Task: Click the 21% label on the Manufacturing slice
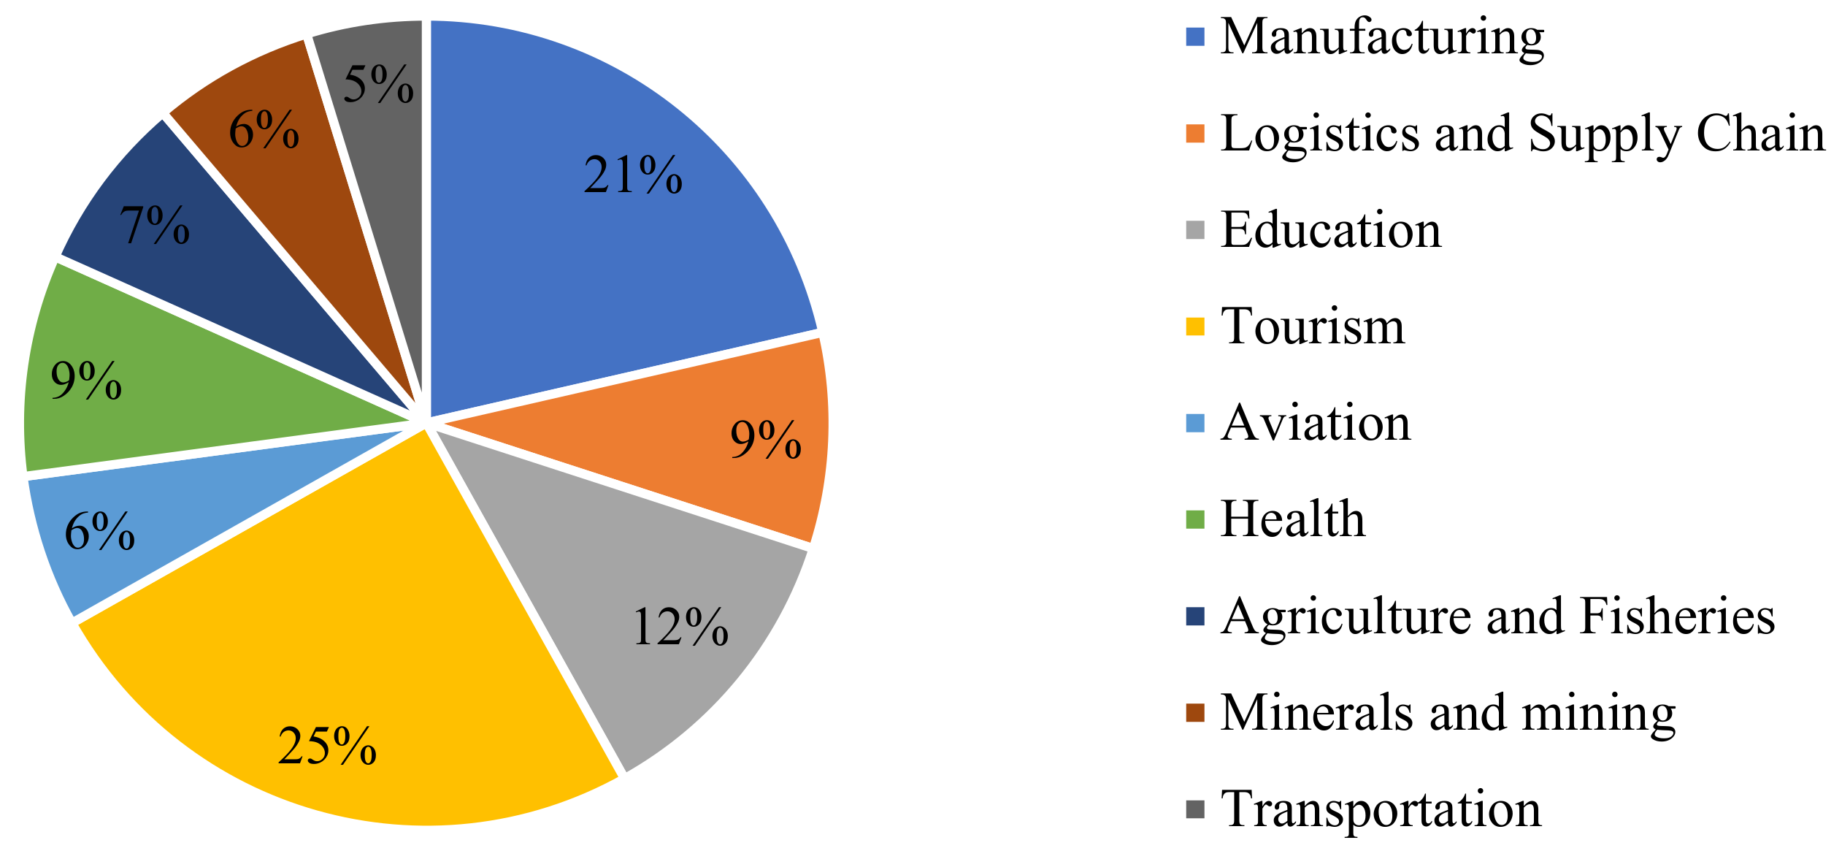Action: [x=633, y=176]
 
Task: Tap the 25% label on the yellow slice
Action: [x=327, y=747]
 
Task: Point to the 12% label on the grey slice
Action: [x=680, y=627]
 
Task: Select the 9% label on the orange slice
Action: [x=766, y=440]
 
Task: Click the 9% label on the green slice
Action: [x=86, y=381]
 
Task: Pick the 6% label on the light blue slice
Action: [x=100, y=531]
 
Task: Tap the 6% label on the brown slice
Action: [x=264, y=131]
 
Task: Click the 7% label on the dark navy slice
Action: [x=155, y=225]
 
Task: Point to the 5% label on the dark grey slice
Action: [x=378, y=85]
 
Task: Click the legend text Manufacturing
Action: [x=1382, y=37]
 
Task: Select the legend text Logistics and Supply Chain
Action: [x=1522, y=134]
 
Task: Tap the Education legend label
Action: [x=1331, y=230]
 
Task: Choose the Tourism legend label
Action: [x=1313, y=326]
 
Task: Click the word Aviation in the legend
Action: [x=1316, y=423]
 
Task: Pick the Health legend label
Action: [x=1292, y=519]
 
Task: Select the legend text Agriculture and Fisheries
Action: [x=1497, y=616]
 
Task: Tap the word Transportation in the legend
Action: [x=1381, y=809]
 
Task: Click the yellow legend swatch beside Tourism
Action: [x=1195, y=327]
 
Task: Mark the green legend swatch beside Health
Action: [x=1195, y=520]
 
